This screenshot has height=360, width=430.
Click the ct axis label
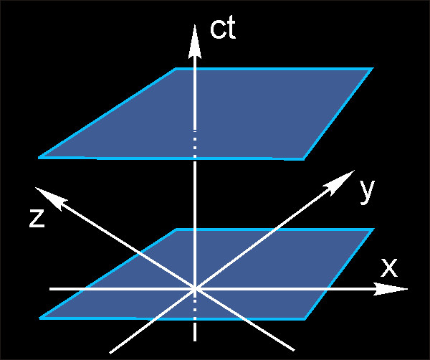pos(223,29)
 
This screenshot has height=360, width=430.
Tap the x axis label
pos(388,267)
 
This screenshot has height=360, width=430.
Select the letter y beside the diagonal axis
pos(367,190)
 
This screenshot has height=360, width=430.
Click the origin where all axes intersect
pos(194,289)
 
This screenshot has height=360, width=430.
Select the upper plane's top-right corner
pos(373,69)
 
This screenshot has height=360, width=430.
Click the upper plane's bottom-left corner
pos(40,157)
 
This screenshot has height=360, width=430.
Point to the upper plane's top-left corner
pos(176,69)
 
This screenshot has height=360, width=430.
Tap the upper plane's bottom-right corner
pos(304,158)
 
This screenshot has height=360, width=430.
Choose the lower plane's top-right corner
pos(373,229)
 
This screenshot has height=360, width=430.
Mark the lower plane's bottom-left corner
pos(41,317)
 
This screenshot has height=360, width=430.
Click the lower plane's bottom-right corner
pos(305,318)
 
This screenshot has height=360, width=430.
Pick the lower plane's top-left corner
pos(176,229)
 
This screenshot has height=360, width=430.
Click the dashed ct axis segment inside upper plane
pos(194,140)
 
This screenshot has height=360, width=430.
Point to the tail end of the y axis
pos(110,352)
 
